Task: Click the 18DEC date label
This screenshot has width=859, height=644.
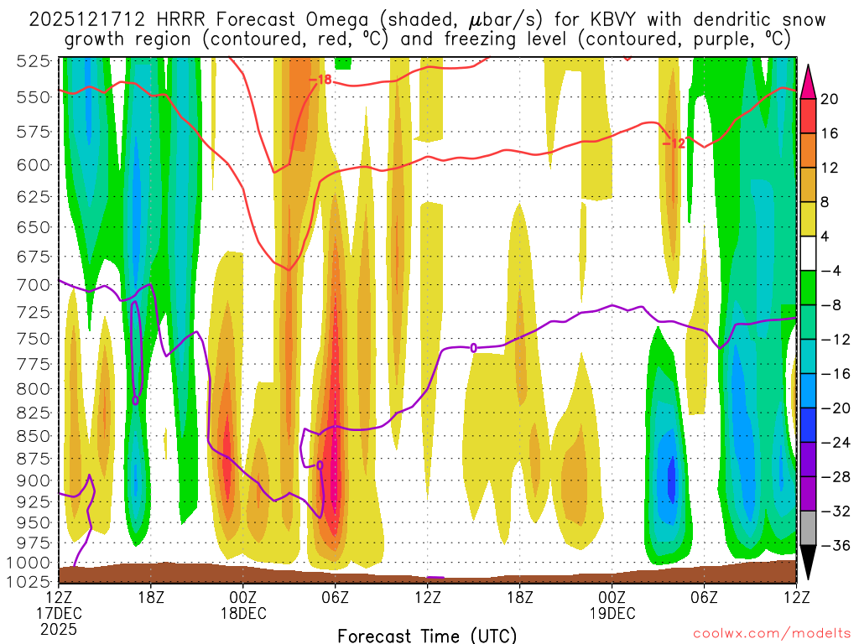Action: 243,613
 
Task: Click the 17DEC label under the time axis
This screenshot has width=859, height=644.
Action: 59,613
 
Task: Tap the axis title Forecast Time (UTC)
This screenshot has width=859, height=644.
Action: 427,635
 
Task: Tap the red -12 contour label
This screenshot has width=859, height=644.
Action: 674,143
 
